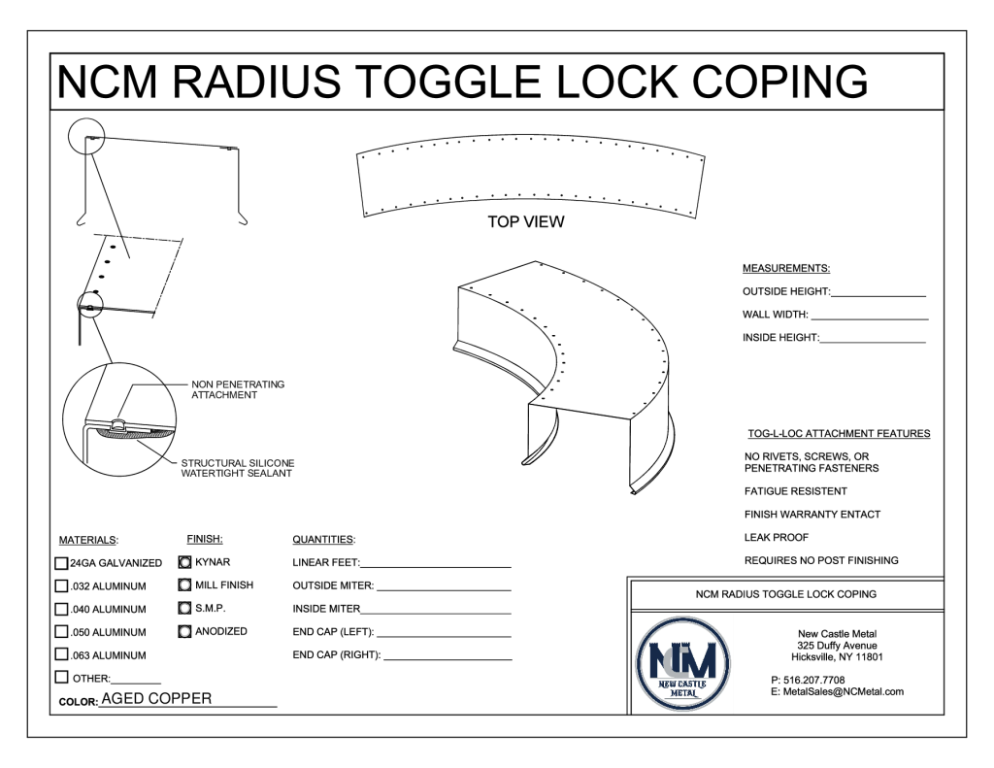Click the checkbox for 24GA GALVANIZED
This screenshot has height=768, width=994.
[62, 563]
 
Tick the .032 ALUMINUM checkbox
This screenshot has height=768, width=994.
[62, 586]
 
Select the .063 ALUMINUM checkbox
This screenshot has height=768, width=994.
[62, 655]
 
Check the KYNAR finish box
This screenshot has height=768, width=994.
[185, 562]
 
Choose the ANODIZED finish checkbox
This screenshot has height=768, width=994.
[185, 632]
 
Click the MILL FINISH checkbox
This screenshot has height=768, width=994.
[185, 585]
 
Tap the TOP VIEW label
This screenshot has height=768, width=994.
[525, 222]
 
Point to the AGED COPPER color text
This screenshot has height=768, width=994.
[156, 699]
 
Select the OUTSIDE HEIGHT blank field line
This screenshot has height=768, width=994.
[878, 294]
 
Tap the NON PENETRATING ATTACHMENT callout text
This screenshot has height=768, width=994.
[238, 390]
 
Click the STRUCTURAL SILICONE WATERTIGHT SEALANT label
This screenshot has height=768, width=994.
[238, 468]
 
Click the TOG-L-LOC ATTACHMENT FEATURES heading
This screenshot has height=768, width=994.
[839, 434]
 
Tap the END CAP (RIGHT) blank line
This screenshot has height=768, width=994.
[447, 657]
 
